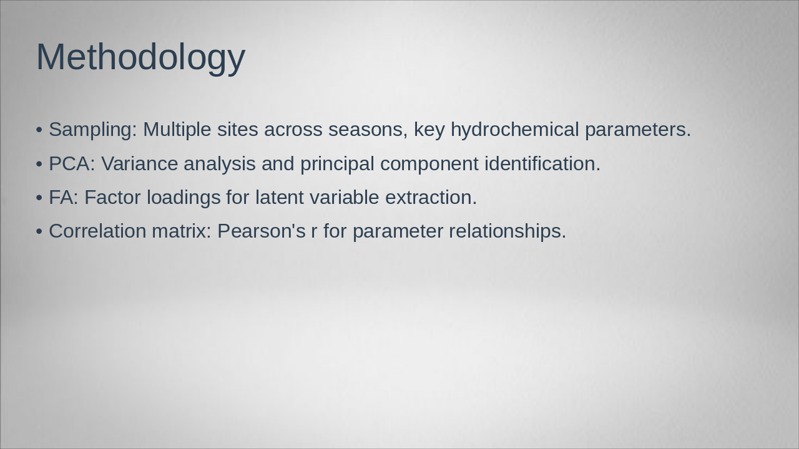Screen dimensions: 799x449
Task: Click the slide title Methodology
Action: point(140,57)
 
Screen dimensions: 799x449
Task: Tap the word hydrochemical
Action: point(515,130)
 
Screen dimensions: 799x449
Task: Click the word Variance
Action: point(139,164)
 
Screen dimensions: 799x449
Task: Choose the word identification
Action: point(542,164)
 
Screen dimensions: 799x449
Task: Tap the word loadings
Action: point(184,198)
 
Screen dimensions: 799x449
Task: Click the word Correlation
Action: point(97,231)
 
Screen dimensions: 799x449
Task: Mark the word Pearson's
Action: point(261,231)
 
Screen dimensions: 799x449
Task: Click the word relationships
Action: point(507,231)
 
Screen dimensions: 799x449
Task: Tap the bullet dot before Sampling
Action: point(39,130)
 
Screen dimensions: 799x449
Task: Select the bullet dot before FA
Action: point(39,198)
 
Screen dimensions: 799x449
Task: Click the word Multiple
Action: point(177,130)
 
